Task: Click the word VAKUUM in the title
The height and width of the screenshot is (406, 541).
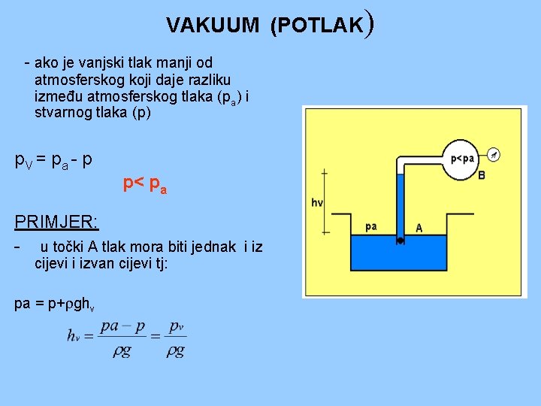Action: point(212,26)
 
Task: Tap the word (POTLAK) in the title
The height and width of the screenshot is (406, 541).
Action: point(321,25)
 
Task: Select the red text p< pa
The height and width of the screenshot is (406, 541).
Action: point(145,183)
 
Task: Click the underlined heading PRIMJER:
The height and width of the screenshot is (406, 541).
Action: point(56,222)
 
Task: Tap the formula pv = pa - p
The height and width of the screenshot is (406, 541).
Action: point(54,160)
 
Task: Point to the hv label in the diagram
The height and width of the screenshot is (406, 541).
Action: point(316,201)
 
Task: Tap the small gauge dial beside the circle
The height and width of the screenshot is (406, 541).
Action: point(493,154)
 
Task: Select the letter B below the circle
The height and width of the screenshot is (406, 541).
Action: point(482,176)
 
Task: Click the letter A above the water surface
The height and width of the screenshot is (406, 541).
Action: point(419,228)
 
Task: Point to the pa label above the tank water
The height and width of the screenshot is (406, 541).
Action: point(370,226)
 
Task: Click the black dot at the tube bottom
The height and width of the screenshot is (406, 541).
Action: point(400,241)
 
